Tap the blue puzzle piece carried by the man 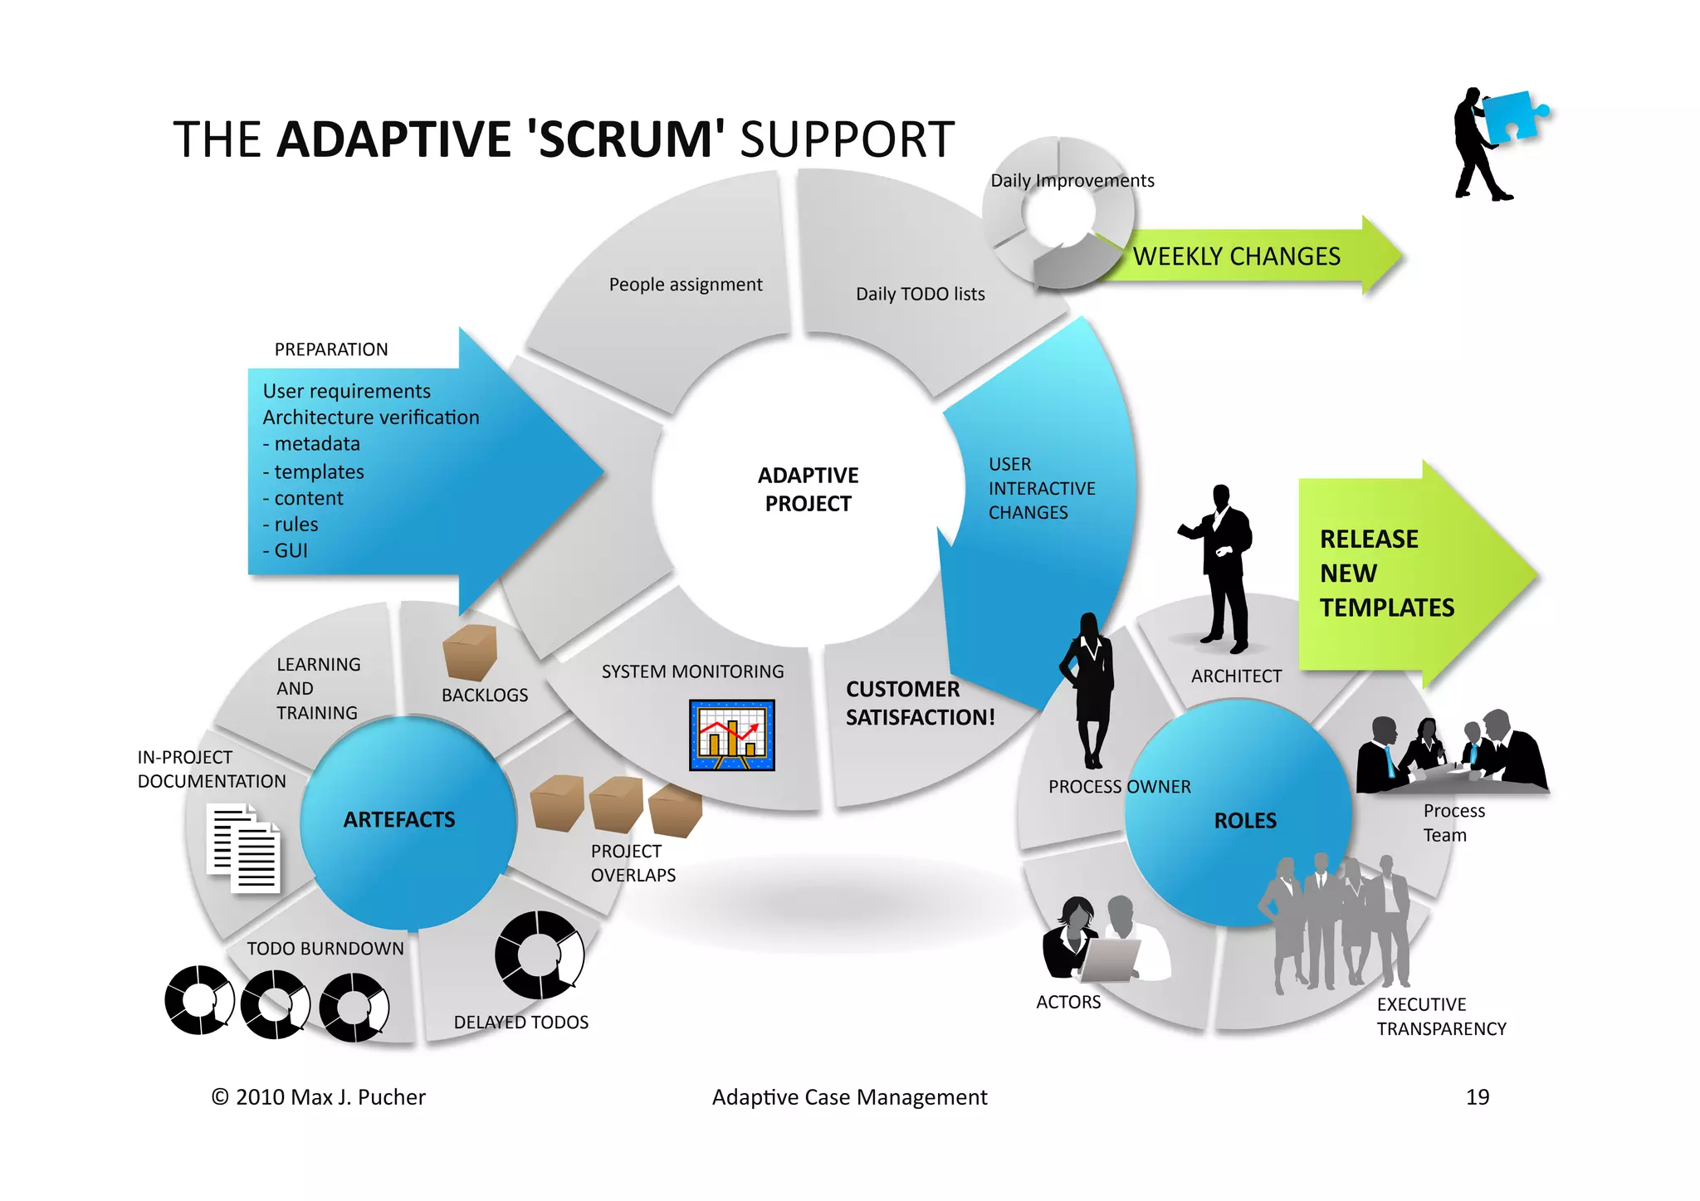pos(1512,116)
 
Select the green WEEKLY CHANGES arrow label pos(1236,256)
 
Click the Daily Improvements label pos(1072,181)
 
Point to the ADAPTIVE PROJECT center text pos(808,490)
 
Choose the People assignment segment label pos(685,285)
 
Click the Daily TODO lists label pos(920,294)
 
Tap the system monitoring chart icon pos(731,735)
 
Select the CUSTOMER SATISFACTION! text pos(919,703)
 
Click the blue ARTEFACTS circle pos(400,820)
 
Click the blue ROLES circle pos(1243,820)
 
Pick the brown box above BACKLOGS pos(470,652)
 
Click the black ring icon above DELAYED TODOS pos(540,954)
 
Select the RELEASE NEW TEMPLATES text pos(1386,574)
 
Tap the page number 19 pos(1477,1097)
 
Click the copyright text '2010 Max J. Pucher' pos(330,1097)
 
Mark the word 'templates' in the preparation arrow pos(319,472)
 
